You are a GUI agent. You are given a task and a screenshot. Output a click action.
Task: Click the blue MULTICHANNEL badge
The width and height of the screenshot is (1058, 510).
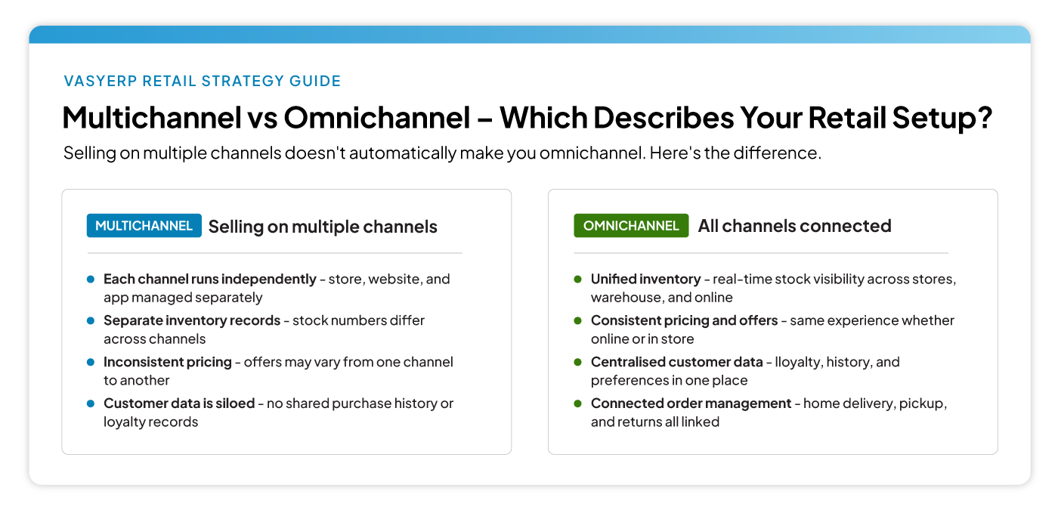coord(144,226)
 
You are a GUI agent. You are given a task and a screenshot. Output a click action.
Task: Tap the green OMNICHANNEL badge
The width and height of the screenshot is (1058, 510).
coord(631,226)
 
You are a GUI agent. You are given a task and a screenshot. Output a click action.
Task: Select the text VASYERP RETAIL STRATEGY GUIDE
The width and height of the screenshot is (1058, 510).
coord(203,82)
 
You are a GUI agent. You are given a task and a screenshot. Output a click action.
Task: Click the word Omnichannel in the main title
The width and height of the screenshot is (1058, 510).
coord(376,118)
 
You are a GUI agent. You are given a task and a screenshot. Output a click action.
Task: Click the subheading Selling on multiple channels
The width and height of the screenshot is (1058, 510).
coord(323,227)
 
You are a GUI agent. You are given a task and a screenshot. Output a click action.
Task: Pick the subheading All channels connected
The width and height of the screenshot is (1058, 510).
coord(794,226)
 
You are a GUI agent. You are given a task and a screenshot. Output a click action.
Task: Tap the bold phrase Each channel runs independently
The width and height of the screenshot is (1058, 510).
coord(210,279)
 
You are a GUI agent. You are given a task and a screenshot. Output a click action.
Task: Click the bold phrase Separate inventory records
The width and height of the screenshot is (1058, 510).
coord(192,320)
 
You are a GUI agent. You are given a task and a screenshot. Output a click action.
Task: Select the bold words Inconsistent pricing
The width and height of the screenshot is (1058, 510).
coord(168,362)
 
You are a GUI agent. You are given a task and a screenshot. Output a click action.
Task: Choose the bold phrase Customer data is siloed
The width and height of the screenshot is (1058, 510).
coord(179,403)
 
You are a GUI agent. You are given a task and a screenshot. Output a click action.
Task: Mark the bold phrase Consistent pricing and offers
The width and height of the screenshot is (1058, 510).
coord(684,320)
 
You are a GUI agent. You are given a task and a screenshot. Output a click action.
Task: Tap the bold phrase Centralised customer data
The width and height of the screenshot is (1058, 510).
coord(676,362)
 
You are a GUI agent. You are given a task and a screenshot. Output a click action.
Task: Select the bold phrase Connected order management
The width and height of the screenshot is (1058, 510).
coord(691,403)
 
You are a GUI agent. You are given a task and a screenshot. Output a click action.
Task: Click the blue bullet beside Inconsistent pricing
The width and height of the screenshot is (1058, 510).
coord(90,362)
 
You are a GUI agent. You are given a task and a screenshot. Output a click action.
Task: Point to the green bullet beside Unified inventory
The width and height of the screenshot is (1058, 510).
coord(577,279)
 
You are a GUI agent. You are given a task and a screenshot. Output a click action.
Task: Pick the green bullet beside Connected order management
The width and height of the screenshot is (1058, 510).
coord(577,403)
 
